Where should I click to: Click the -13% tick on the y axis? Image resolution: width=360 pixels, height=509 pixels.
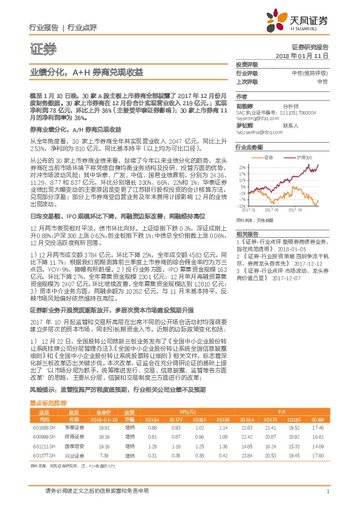coord(241,206)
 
